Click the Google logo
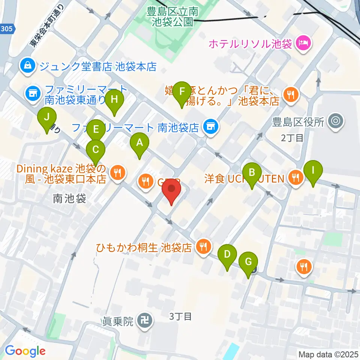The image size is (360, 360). coord(25,351)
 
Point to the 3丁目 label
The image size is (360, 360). coord(180,316)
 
